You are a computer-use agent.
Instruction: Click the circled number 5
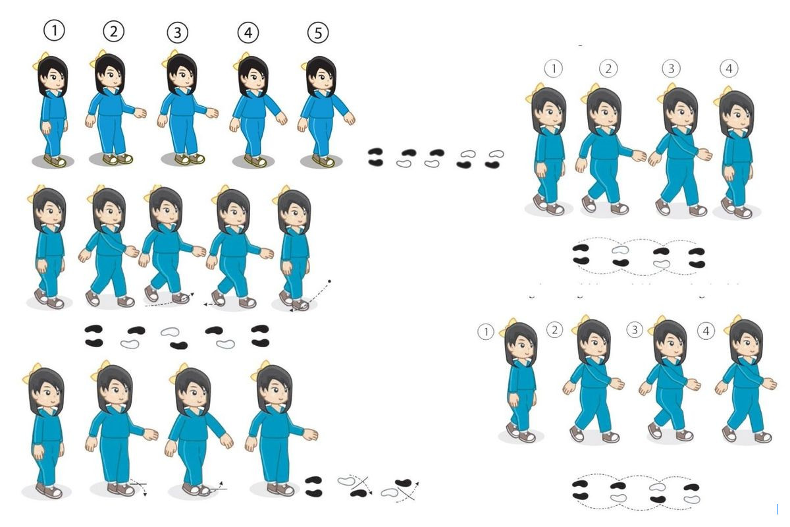tap(318, 33)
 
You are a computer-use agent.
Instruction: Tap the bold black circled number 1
tap(54, 30)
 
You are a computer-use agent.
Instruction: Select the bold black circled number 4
tap(248, 33)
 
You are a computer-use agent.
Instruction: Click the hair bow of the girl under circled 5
tap(306, 65)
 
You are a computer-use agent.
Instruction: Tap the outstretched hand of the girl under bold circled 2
tap(141, 113)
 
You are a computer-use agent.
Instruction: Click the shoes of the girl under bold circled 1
tap(55, 161)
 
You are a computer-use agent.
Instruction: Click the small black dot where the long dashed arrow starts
tap(329, 281)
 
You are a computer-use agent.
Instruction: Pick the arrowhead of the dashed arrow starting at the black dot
tap(291, 310)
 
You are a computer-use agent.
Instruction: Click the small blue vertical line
tap(777, 509)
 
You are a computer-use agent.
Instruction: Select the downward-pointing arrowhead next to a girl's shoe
tap(145, 495)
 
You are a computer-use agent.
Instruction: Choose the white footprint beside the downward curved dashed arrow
tap(347, 481)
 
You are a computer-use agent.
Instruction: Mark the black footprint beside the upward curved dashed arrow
tap(403, 482)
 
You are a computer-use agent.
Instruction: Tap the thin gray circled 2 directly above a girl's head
tap(608, 69)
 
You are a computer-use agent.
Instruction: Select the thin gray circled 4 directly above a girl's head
tap(729, 69)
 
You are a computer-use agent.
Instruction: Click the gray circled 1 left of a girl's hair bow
tap(486, 332)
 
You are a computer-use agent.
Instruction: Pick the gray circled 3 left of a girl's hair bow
tap(635, 330)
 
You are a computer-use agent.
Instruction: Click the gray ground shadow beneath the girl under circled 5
tap(321, 161)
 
